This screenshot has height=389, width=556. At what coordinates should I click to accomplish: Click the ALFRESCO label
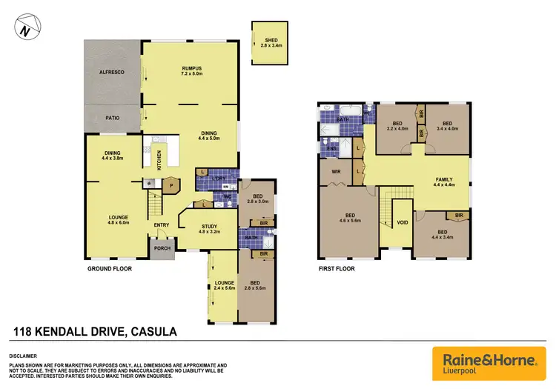tap(113, 73)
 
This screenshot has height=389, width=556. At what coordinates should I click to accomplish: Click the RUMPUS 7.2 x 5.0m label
tap(192, 72)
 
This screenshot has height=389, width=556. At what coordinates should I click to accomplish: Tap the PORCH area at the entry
tap(162, 249)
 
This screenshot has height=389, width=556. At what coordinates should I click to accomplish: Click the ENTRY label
tap(162, 225)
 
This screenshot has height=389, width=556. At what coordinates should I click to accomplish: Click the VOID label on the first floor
tap(402, 222)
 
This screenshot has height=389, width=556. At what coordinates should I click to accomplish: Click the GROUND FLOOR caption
tap(110, 269)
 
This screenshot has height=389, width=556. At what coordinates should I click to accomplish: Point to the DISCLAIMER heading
tap(26, 356)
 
